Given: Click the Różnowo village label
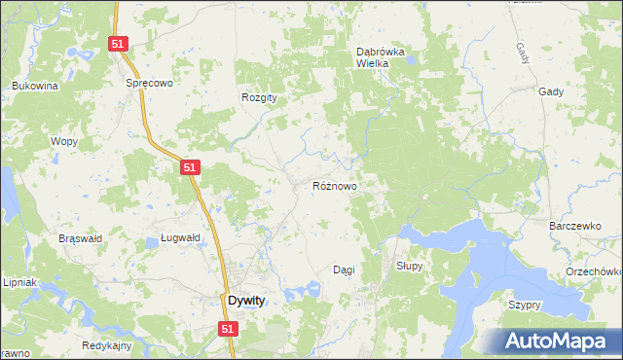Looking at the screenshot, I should (x=335, y=185).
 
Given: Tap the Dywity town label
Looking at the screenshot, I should (x=245, y=301).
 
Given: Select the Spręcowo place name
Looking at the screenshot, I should (x=149, y=84).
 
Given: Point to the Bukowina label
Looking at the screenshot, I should (x=36, y=86).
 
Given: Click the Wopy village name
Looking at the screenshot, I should (x=63, y=141).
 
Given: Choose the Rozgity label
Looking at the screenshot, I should (x=260, y=97).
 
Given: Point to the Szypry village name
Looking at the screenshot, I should (x=524, y=305).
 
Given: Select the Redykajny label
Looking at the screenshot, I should (x=107, y=346).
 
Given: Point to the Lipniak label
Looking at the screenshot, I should (x=18, y=282).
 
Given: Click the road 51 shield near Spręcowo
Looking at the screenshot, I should (x=118, y=44).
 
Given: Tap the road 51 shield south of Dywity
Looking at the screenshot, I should (x=227, y=330).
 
